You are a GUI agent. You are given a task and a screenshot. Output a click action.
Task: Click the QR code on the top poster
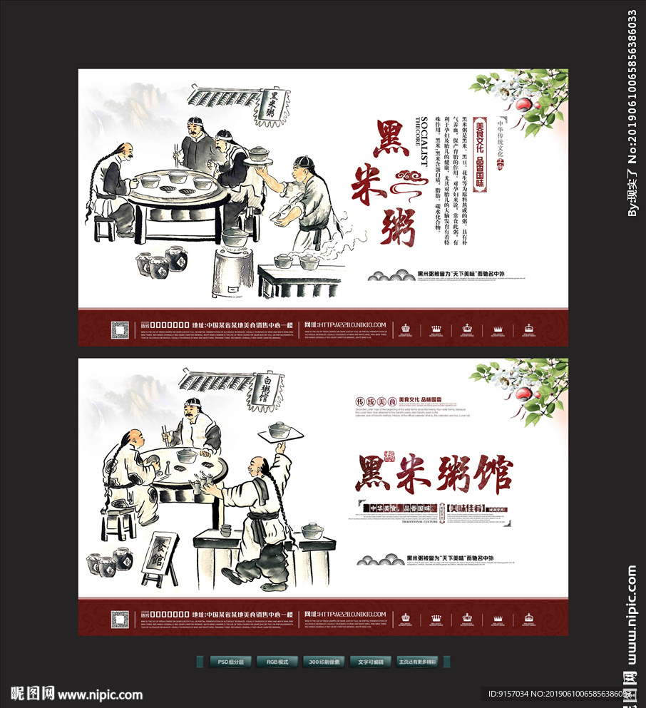tap(120, 329)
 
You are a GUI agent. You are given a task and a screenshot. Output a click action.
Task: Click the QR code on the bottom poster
tap(120, 618)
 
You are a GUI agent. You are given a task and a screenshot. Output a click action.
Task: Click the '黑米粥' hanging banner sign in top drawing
tap(270, 105)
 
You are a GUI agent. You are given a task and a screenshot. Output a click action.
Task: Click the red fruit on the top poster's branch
tap(525, 105)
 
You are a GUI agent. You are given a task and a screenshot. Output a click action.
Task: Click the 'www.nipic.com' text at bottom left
tap(100, 694)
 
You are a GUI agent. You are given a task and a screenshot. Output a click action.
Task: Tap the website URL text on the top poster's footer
tap(353, 325)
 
